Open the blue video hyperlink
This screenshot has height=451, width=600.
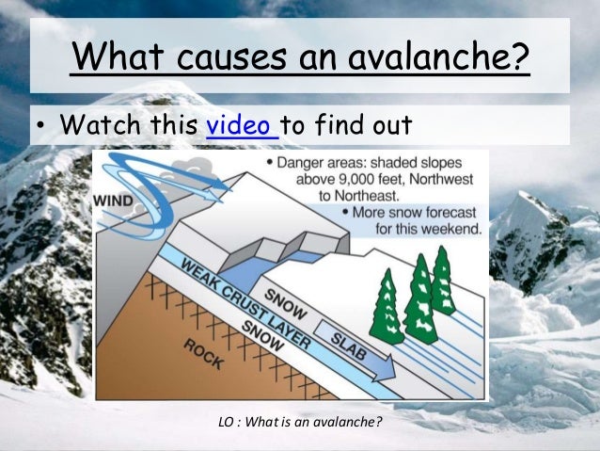pyautogui.click(x=241, y=125)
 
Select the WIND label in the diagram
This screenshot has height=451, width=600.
pyautogui.click(x=113, y=200)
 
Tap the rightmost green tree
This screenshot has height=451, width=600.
pyautogui.click(x=441, y=280)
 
